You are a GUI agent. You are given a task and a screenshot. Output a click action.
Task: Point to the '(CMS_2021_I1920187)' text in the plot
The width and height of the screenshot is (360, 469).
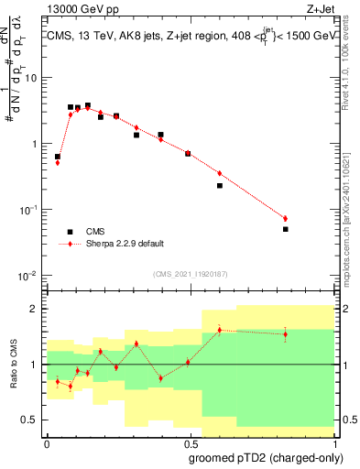click(x=191, y=274)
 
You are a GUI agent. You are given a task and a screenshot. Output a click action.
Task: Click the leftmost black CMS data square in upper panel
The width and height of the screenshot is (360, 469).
click(x=58, y=157)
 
